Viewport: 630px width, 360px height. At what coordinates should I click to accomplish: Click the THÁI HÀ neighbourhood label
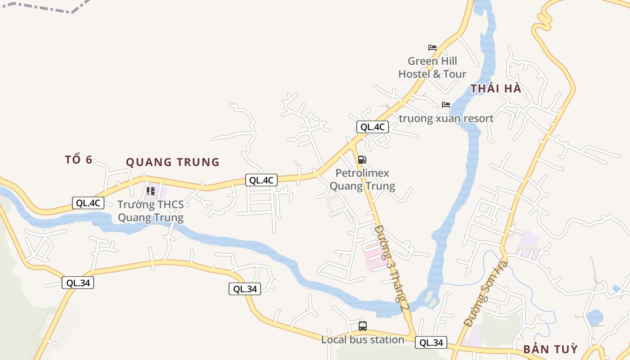496,89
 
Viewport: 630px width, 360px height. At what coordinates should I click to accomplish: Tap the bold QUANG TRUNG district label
172,162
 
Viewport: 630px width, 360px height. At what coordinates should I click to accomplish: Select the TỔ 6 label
79,160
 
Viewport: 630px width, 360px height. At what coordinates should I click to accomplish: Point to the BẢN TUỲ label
550,350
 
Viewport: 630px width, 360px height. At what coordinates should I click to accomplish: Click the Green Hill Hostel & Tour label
432,67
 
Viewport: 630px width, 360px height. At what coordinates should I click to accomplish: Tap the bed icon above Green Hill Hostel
432,47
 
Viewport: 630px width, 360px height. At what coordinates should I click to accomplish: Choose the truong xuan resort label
446,118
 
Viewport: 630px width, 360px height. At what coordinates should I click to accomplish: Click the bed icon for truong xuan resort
445,105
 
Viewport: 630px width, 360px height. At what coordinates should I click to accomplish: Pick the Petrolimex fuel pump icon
362,160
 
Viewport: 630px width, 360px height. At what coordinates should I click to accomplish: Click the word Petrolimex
362,173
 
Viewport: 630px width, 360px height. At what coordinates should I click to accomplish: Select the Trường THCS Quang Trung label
150,211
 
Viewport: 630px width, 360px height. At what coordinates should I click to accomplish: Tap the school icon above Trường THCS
151,191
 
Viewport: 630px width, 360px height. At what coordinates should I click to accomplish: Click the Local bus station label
362,340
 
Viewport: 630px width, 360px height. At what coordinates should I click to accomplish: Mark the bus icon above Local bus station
363,326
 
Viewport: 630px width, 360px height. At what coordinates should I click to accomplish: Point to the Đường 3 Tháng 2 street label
391,268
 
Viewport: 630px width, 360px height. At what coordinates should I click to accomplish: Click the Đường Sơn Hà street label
486,292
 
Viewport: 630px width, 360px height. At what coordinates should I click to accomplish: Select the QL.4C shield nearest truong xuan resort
373,127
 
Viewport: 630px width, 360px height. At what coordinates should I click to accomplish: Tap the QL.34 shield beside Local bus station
431,343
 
